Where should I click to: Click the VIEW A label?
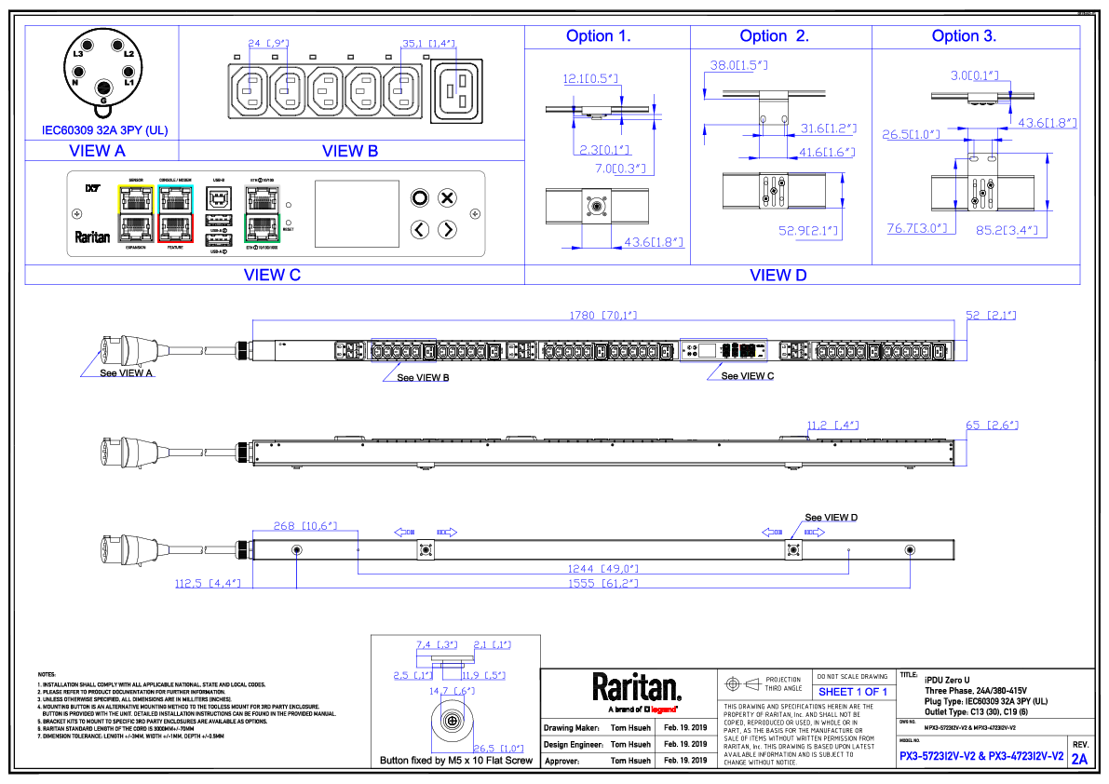pyautogui.click(x=97, y=151)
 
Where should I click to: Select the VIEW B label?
pyautogui.click(x=350, y=151)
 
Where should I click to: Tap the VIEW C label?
pyautogui.click(x=272, y=275)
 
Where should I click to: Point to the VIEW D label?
pyautogui.click(x=778, y=275)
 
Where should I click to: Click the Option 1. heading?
pyautogui.click(x=599, y=36)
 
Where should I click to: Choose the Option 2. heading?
pyautogui.click(x=774, y=36)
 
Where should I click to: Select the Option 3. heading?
pyautogui.click(x=964, y=36)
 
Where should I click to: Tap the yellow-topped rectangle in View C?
pyautogui.click(x=136, y=214)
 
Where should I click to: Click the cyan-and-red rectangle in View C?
pyautogui.click(x=175, y=214)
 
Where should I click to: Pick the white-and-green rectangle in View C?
pyautogui.click(x=263, y=214)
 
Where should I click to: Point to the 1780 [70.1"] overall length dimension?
pyautogui.click(x=602, y=316)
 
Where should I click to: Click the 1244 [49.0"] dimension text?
pyautogui.click(x=602, y=568)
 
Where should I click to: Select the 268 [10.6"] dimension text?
pyautogui.click(x=304, y=526)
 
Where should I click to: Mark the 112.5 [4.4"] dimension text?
pyautogui.click(x=207, y=584)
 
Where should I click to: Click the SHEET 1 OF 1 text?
pyautogui.click(x=852, y=692)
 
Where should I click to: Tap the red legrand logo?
pyautogui.click(x=663, y=710)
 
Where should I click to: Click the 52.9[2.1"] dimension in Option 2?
pyautogui.click(x=808, y=231)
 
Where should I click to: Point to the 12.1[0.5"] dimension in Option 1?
pyautogui.click(x=590, y=78)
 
